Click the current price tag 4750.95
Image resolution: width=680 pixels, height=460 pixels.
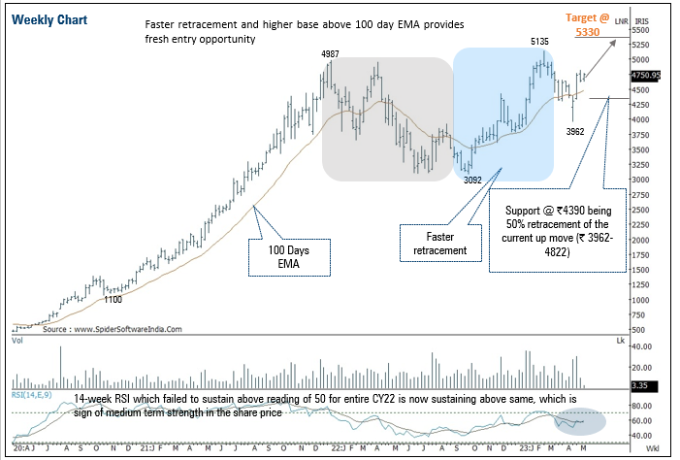(x=645, y=75)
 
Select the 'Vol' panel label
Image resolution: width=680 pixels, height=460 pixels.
(x=18, y=342)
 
